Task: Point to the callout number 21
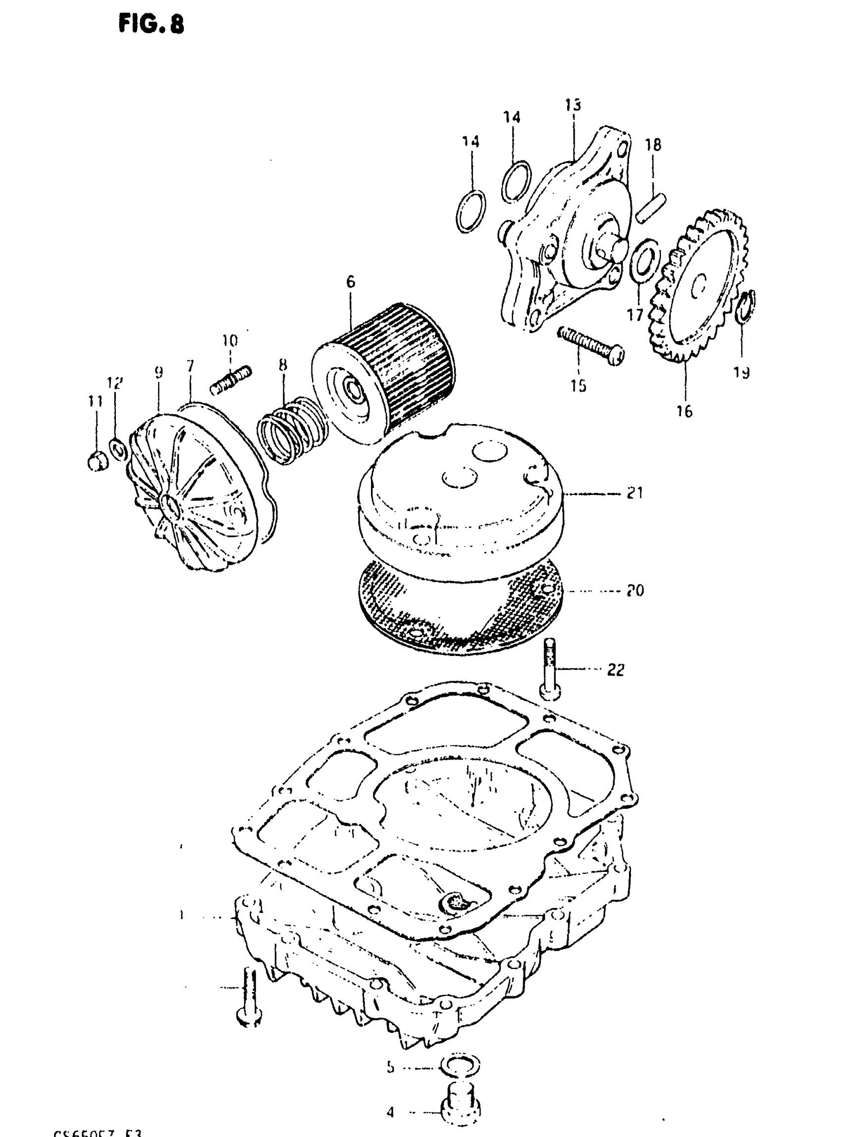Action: tap(634, 493)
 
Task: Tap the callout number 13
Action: tap(573, 105)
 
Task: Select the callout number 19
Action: tap(741, 373)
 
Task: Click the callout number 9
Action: tap(158, 373)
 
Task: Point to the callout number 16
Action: tap(684, 410)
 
